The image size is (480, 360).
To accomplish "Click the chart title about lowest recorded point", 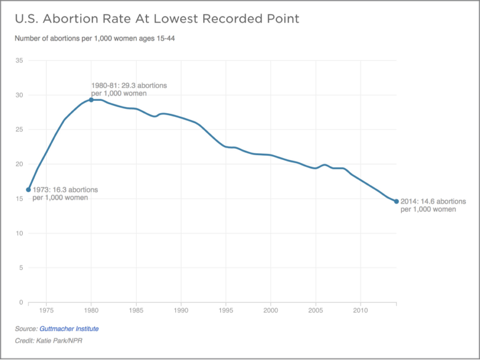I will coord(157,19).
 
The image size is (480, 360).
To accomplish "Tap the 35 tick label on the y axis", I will coord(19,61).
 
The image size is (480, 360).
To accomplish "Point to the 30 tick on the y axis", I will coord(19,95).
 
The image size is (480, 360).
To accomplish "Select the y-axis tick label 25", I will coord(19,130).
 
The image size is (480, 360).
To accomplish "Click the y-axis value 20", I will coord(19,164).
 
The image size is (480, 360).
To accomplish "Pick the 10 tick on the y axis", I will coord(19,233).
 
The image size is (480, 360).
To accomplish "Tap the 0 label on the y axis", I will coord(21,302).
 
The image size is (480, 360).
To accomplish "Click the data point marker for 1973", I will coord(28,190).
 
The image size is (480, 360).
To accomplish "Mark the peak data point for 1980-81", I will coord(91,100).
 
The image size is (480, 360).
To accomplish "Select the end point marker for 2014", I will coord(396,201).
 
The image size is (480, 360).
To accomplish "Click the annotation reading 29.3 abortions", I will coord(129,89).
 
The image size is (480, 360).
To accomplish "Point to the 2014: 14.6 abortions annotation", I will coord(433,206).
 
